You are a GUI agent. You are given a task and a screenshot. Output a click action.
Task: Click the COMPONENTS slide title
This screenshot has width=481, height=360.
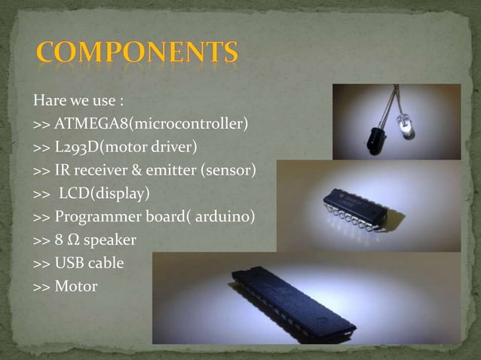tap(136, 53)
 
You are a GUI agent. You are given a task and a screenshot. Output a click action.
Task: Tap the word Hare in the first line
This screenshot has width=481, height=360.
tap(48, 100)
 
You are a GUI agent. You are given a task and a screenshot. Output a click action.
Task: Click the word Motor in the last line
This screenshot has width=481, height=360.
tap(75, 286)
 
